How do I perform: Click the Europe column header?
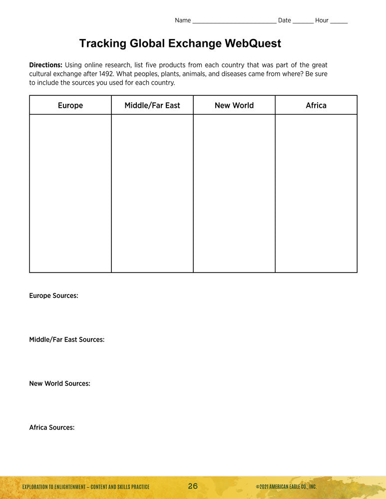(x=70, y=105)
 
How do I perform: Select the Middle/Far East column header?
(x=152, y=105)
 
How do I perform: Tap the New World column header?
(x=234, y=105)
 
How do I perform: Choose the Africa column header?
(x=316, y=105)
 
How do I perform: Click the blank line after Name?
(x=234, y=21)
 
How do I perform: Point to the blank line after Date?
(x=303, y=21)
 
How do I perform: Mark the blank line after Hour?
(x=339, y=21)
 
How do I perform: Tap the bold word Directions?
(x=45, y=65)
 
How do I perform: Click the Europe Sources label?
(x=53, y=296)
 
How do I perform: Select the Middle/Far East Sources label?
(x=66, y=340)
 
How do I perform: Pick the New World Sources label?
(x=59, y=384)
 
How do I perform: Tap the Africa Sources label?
(x=51, y=428)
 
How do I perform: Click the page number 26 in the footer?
(x=193, y=487)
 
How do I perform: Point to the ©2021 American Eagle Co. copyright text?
(x=286, y=487)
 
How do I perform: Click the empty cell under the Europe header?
(x=70, y=193)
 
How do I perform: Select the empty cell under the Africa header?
(x=316, y=193)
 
